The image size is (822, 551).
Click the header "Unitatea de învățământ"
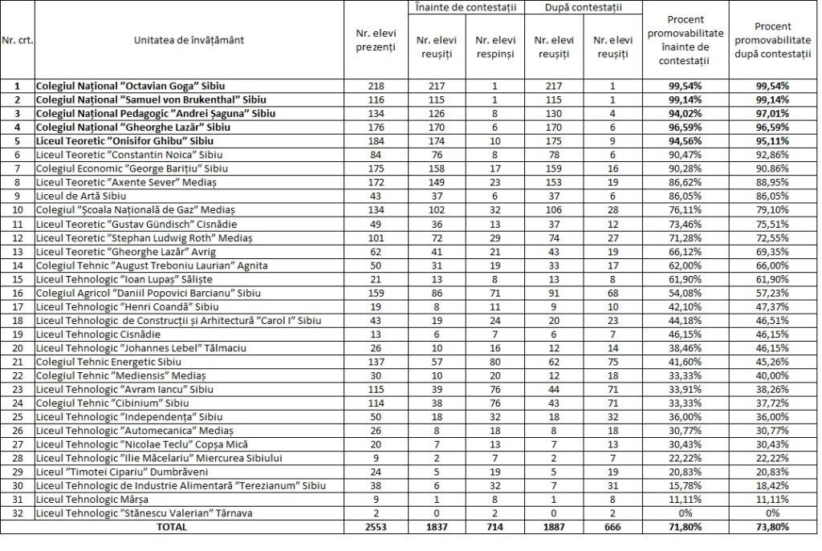point(189,39)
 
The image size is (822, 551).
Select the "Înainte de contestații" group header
point(466,7)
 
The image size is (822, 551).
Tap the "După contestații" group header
point(583,7)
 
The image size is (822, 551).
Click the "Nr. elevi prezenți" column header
point(376,40)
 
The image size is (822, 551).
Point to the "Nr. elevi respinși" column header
point(495,47)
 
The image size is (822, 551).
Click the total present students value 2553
point(376,527)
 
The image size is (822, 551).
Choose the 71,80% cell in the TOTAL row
point(685,527)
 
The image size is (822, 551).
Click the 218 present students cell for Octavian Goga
point(376,86)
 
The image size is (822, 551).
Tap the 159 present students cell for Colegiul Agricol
point(376,292)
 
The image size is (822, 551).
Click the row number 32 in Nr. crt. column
point(18,513)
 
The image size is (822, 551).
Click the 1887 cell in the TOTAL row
point(554,527)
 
